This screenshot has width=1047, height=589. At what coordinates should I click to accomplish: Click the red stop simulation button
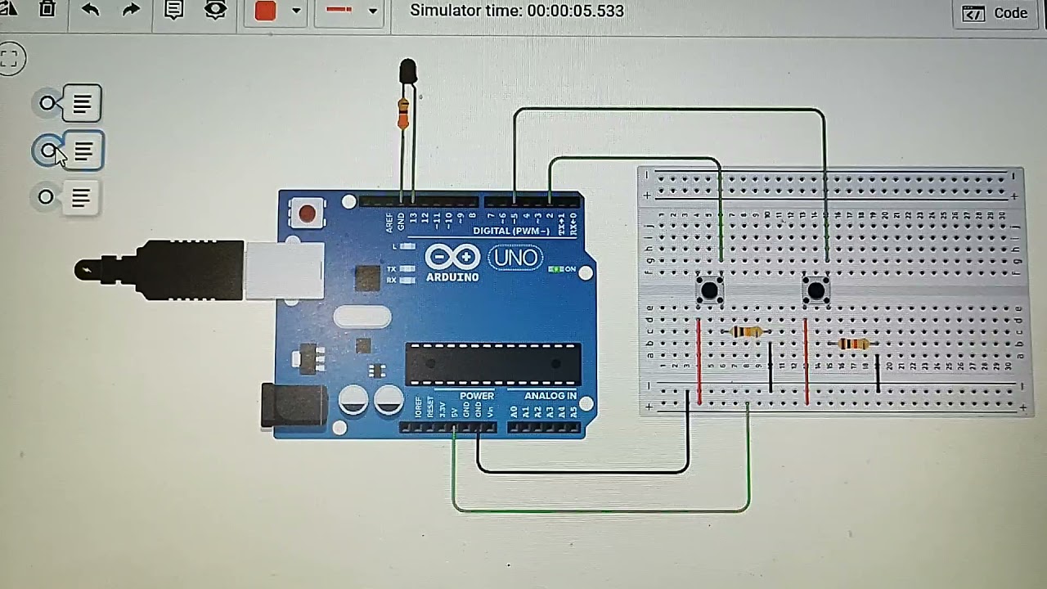[266, 11]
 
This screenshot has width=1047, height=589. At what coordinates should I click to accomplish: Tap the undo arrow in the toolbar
[90, 10]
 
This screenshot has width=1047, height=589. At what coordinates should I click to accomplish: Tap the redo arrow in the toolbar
[131, 10]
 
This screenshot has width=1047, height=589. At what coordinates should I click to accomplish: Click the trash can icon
[47, 10]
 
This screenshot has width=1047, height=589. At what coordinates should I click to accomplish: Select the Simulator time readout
[516, 11]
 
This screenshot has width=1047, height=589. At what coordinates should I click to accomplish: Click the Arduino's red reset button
[307, 214]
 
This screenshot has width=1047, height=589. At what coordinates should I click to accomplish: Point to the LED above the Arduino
[407, 72]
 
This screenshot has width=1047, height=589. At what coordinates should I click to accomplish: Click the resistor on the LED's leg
[402, 113]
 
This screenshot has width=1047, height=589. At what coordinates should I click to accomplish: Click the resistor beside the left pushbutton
[746, 331]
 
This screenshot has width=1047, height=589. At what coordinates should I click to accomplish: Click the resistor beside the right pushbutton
[853, 344]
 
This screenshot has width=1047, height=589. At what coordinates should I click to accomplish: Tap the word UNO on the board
[515, 259]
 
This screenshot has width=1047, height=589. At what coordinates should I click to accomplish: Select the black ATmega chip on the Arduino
[492, 364]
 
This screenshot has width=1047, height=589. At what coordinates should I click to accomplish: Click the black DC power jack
[292, 406]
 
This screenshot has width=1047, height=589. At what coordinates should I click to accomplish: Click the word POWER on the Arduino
[477, 396]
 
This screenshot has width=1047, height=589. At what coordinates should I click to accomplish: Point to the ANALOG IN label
[550, 396]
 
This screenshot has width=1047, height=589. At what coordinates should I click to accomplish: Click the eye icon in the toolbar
[215, 10]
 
